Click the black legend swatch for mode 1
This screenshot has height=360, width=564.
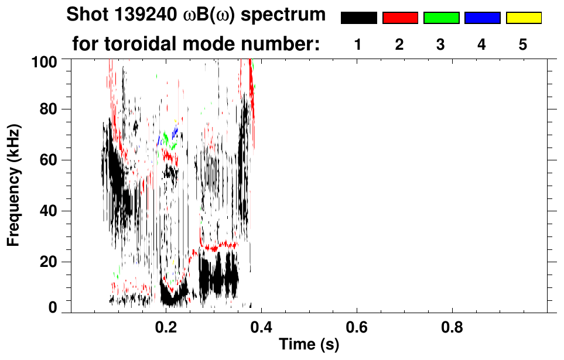tap(358, 18)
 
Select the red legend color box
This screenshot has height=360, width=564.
tap(400, 18)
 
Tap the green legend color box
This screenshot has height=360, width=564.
tap(441, 18)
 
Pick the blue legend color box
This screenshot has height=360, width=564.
tap(482, 18)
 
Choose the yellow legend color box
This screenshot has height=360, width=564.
tap(524, 18)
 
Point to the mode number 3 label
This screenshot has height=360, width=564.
tap(440, 44)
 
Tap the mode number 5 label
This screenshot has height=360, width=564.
tap(523, 44)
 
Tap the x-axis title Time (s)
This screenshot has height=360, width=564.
tap(309, 345)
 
